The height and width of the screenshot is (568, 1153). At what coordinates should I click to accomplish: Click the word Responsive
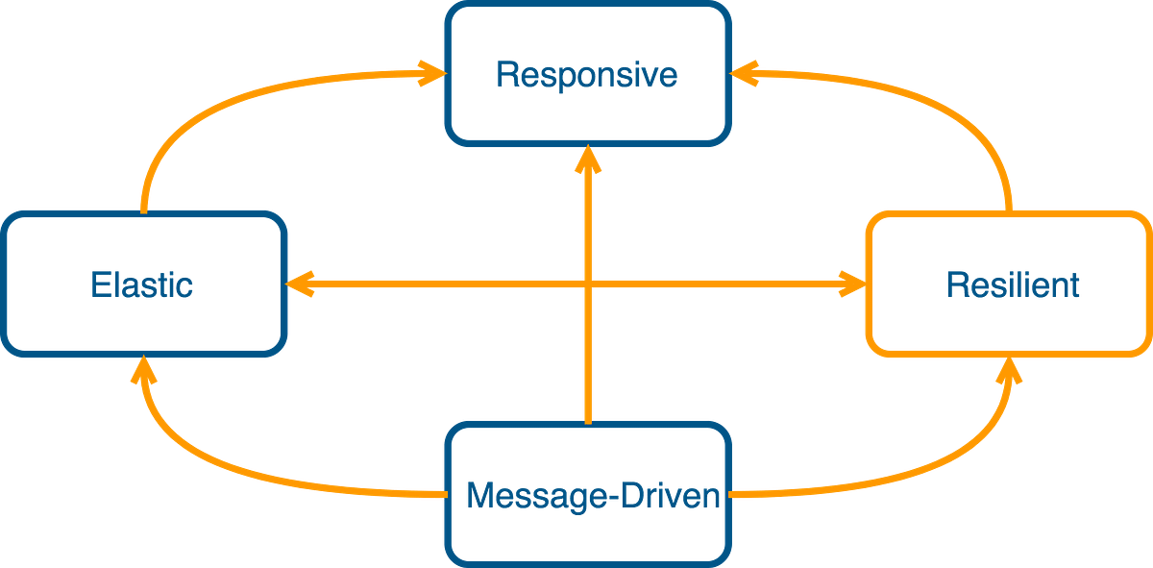586,75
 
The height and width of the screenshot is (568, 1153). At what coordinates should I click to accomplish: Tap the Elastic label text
142,284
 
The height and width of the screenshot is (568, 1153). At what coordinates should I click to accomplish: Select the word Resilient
1012,284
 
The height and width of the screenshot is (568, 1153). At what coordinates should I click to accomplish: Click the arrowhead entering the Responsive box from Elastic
429,72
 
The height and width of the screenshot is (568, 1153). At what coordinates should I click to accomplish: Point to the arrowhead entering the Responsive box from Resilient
743,72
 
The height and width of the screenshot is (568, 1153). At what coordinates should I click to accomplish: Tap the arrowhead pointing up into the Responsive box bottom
588,160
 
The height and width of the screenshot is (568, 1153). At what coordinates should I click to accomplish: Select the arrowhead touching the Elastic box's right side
300,284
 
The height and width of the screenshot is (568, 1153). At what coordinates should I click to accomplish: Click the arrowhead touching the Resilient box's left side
852,284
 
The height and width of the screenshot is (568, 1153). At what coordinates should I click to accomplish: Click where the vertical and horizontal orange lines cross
588,284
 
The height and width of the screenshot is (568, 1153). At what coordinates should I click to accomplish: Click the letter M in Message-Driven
478,495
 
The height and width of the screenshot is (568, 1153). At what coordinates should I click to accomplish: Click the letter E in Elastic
99,284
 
